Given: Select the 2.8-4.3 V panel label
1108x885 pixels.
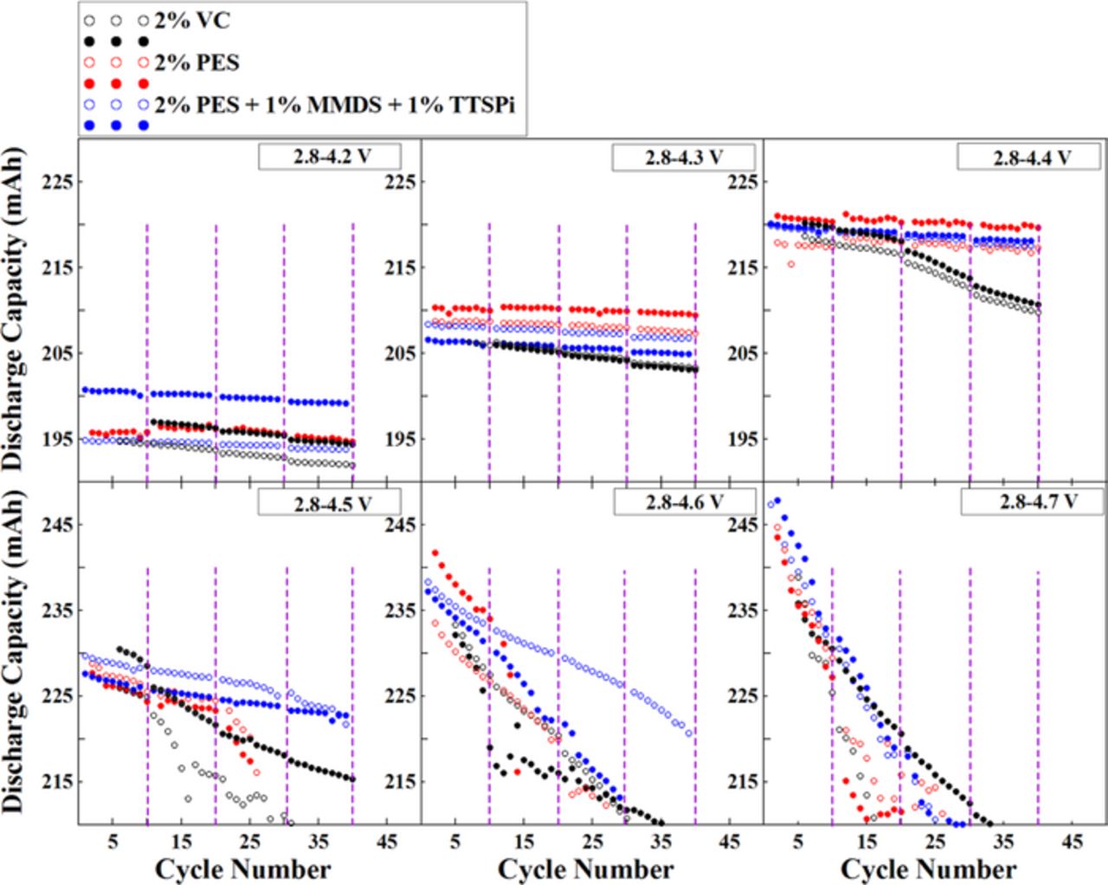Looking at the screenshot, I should tap(683, 158).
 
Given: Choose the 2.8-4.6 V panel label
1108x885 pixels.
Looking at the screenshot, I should tap(684, 502).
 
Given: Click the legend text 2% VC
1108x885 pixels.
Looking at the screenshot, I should tap(192, 20).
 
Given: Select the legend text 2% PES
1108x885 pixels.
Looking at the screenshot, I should tap(196, 62).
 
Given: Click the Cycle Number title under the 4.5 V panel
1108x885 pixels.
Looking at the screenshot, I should tap(242, 869).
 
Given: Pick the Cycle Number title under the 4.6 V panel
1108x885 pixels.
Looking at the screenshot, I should tap(585, 869).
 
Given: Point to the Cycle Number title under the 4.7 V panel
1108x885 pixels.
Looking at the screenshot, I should tap(928, 869).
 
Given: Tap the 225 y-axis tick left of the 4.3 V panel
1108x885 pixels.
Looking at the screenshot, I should tap(400, 182).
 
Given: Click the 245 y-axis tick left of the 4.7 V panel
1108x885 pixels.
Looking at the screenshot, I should tap(743, 525).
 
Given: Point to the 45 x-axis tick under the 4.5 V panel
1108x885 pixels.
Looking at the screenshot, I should tap(387, 841).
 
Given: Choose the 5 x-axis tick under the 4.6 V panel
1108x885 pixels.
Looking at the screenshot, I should tap(455, 841).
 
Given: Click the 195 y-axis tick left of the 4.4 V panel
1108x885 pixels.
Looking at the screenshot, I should tap(743, 438).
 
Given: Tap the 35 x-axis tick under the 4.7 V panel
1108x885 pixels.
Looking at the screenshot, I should tap(1003, 841).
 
